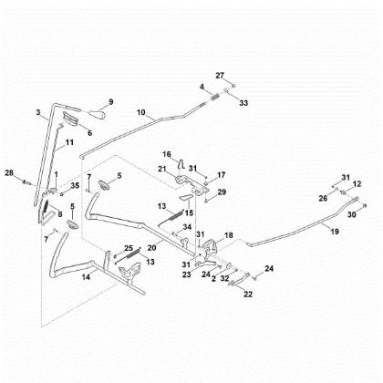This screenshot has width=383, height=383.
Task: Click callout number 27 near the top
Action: click(x=219, y=74)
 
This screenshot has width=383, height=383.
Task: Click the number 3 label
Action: click(x=39, y=112)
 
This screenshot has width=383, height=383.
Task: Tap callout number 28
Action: click(x=8, y=172)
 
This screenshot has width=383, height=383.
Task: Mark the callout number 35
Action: click(x=75, y=186)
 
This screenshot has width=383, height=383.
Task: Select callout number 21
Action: click(x=161, y=170)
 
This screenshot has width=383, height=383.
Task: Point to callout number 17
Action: click(x=222, y=174)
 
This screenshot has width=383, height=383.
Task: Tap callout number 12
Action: click(x=357, y=184)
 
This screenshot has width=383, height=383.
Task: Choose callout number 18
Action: click(x=229, y=235)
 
